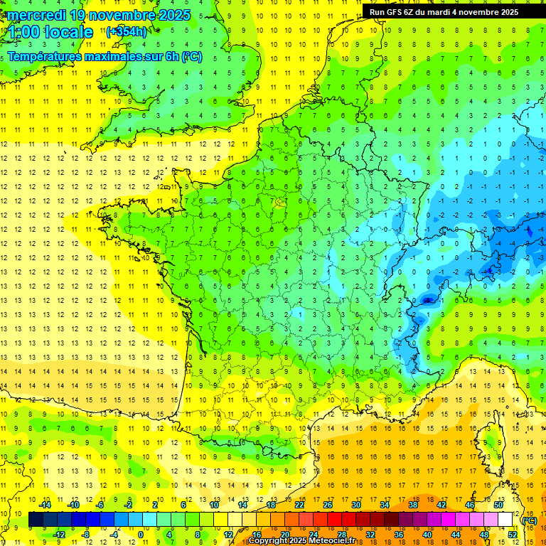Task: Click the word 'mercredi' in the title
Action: point(35,15)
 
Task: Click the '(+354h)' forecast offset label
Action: point(127,31)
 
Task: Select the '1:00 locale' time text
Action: point(50,32)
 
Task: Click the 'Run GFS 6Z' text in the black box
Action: point(392,12)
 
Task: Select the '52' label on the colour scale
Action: point(513,535)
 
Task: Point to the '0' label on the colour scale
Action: point(140,535)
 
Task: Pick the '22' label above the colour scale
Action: point(299,505)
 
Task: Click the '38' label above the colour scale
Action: point(413,505)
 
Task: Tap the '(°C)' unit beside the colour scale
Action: point(530,520)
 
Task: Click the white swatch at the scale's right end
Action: point(505,520)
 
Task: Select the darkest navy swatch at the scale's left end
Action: point(36,520)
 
